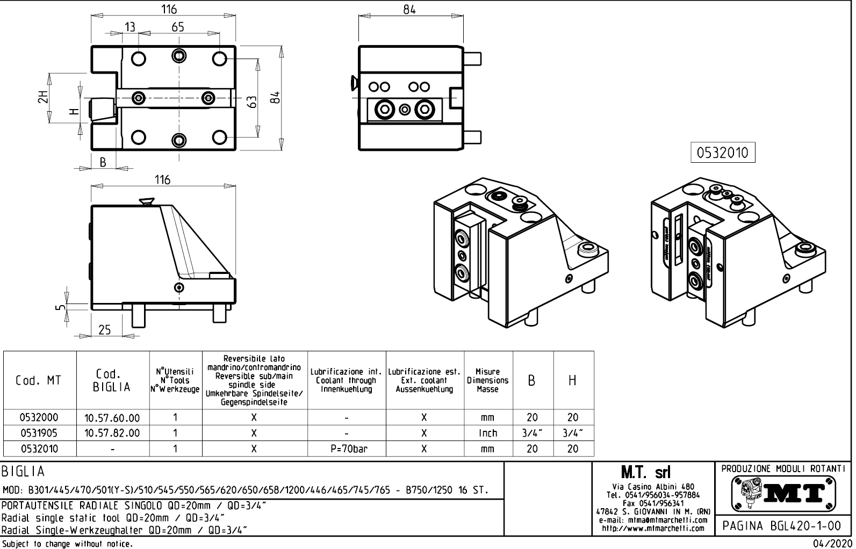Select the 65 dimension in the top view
[x=178, y=27]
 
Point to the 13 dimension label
[x=130, y=27]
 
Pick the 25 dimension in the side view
[x=104, y=329]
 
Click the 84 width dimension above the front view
[x=409, y=10]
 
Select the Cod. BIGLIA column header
[x=112, y=380]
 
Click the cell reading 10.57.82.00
[x=112, y=433]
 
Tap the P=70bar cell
[x=347, y=449]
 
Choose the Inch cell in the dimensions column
[x=487, y=433]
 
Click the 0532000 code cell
[x=39, y=417]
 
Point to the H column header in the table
[x=572, y=380]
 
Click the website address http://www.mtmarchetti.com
[x=653, y=529]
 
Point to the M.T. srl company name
[x=645, y=472]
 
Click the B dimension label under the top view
[x=103, y=162]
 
